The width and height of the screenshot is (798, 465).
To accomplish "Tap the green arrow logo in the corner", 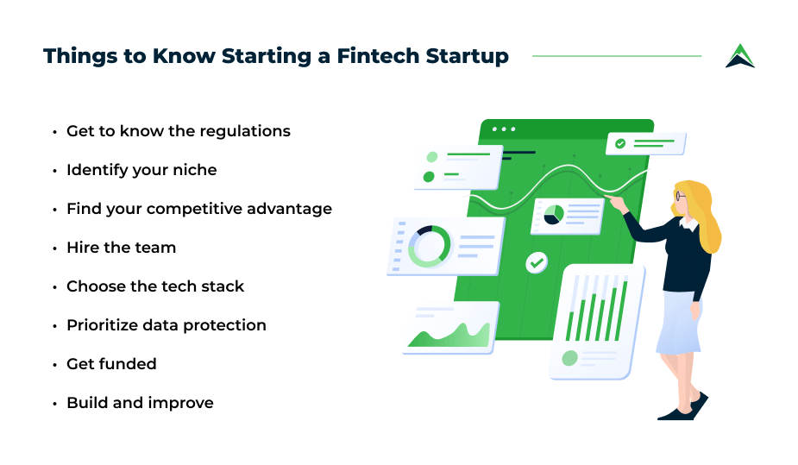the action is pos(740,56).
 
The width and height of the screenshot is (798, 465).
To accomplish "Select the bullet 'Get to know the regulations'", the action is pos(178,131).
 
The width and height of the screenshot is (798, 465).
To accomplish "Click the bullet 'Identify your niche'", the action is pos(141,170).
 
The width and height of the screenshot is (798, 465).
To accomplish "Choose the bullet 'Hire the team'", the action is pos(121,248).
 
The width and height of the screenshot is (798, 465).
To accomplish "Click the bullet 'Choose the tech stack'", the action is pos(155,286).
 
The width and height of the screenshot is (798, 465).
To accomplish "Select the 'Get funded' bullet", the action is pos(111,364).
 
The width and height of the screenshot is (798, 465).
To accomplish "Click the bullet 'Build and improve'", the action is pos(140,403).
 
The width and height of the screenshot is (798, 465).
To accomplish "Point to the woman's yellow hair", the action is pos(705,214).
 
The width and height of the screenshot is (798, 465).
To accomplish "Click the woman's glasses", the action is pos(681,196).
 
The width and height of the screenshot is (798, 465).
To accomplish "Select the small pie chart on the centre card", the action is pos(554,215).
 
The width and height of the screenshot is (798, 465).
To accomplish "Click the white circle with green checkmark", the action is pos(537,262).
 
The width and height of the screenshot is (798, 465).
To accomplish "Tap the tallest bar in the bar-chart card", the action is pos(621,311).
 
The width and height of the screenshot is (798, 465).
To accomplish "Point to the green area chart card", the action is pos(451,327).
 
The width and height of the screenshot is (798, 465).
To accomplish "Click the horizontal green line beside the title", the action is pos(617,56).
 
